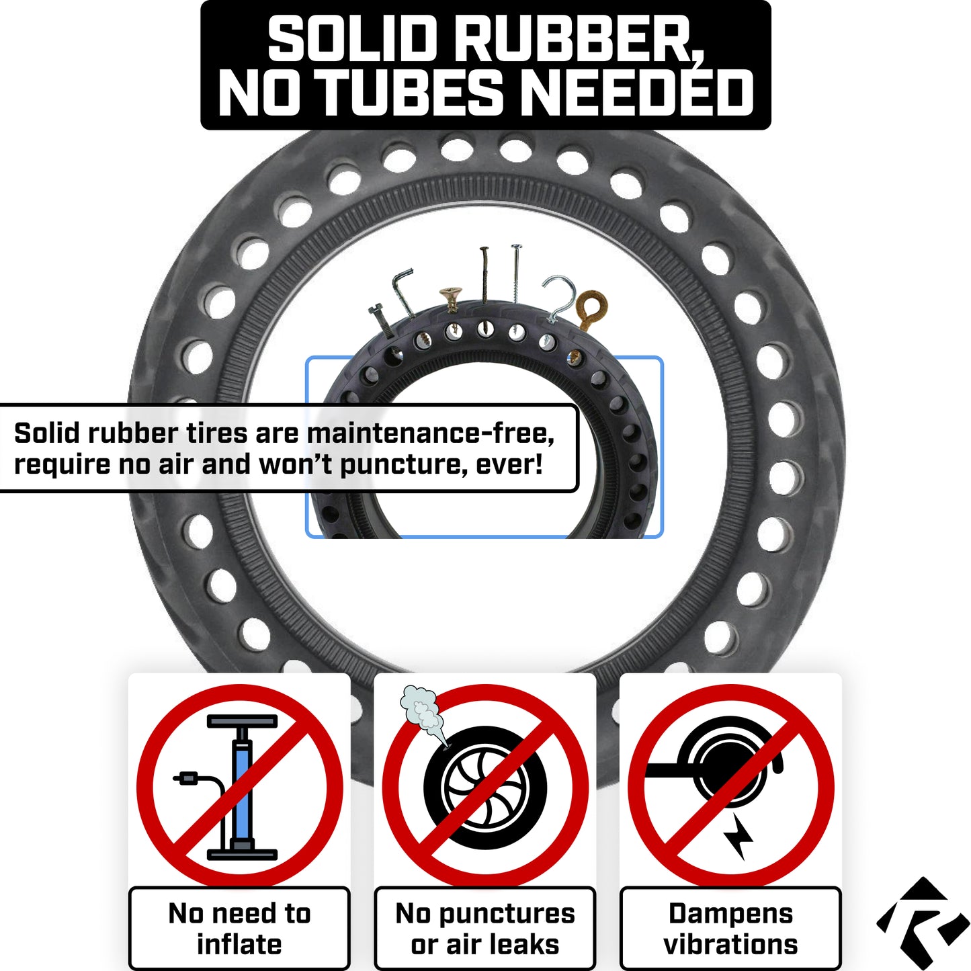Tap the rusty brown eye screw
[591, 307]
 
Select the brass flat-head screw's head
[450, 293]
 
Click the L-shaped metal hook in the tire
[404, 292]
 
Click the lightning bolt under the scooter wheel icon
[738, 837]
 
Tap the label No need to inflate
[239, 928]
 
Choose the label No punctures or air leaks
[484, 928]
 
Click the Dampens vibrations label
[730, 928]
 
